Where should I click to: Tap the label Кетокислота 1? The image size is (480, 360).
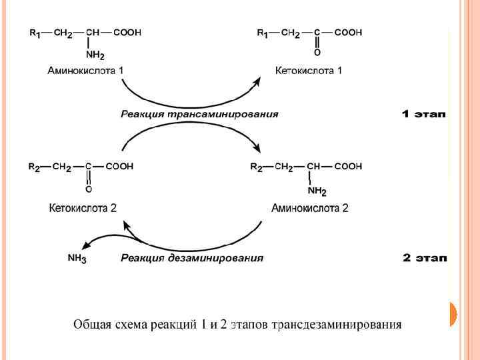pos(309,70)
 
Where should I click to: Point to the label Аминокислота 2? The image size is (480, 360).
pos(310,208)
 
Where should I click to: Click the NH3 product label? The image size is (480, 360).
pos(77,259)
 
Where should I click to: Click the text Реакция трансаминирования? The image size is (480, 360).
pos(199,114)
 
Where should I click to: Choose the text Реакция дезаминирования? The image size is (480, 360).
pos(192,258)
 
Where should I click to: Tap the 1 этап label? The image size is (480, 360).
pos(424,114)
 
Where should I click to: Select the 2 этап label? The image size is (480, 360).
pos(424,258)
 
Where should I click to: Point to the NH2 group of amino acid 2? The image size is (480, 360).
pos(317,192)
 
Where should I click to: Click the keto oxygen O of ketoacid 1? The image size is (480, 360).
pos(317,51)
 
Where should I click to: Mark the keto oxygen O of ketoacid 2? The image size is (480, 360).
pos(89,189)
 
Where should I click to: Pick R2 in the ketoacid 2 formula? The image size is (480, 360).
pos(34,167)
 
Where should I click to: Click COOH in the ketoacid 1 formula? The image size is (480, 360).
pos(348,32)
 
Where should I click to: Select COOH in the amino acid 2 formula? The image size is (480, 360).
pos(348,167)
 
